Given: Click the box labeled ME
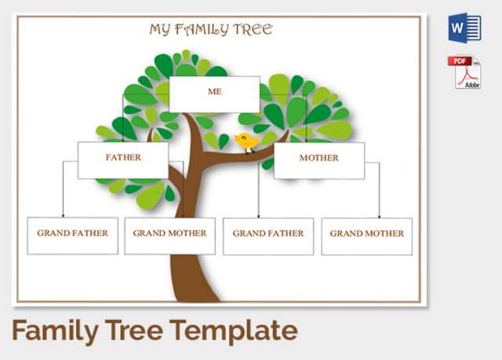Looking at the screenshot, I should (214, 93).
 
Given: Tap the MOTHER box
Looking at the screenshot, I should (318, 159).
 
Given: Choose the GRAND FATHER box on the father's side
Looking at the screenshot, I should (72, 235).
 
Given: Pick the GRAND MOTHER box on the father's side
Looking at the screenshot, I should (169, 235).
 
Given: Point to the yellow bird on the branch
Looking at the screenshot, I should (246, 141).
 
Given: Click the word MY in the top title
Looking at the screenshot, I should (160, 31).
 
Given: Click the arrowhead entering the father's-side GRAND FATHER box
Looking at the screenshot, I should (63, 214).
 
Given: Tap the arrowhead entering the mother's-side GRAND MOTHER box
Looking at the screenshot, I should (380, 215).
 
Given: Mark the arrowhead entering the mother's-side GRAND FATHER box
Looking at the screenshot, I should (259, 215).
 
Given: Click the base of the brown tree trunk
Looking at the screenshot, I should (196, 296).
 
